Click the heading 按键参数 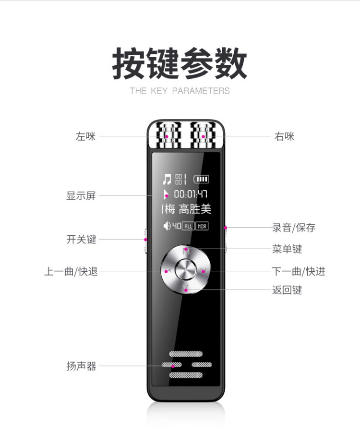click(180, 63)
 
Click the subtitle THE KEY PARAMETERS click(180, 91)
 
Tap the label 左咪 click(85, 136)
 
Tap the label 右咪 click(284, 136)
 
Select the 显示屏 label click(81, 195)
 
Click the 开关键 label click(81, 239)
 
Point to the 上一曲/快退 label click(71, 271)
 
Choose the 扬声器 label click(81, 366)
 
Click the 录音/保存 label click(294, 228)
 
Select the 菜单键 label click(287, 249)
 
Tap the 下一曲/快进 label click(299, 271)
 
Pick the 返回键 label click(287, 290)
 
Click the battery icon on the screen click(201, 179)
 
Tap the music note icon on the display click(167, 179)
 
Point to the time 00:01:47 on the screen click(191, 194)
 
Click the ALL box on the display click(188, 226)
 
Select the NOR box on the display click(202, 226)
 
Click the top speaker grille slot click(186, 354)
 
